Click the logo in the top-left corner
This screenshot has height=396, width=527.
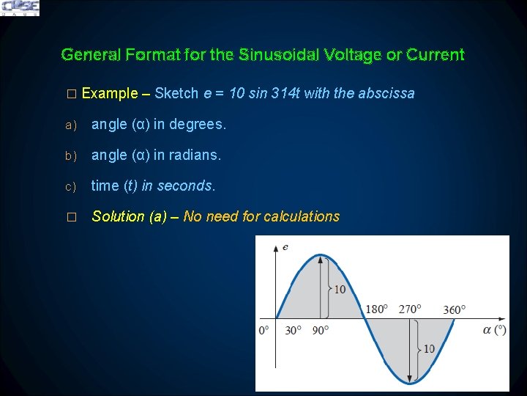click(20, 7)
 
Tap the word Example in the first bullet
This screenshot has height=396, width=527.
click(110, 93)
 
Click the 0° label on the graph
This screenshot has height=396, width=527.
click(263, 331)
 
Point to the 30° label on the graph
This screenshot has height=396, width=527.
click(293, 331)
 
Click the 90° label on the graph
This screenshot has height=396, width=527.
click(321, 331)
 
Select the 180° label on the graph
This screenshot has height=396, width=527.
click(376, 309)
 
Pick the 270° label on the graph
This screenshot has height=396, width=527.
click(410, 309)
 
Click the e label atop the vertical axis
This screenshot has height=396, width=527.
click(285, 247)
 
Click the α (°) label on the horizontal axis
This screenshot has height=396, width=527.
click(495, 330)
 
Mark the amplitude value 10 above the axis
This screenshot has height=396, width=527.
click(340, 290)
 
